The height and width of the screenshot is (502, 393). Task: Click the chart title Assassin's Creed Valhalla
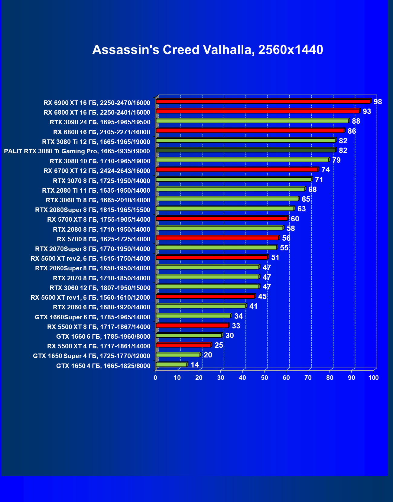pos(208,50)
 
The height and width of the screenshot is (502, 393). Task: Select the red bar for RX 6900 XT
pos(263,101)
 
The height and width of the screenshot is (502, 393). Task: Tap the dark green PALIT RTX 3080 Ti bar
pos(245,150)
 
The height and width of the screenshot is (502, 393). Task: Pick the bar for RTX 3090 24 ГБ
pos(252,121)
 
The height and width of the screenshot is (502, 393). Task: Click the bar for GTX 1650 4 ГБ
pos(171,365)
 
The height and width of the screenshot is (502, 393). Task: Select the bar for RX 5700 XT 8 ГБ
pos(222,218)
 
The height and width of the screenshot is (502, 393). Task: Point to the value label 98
pos(378,102)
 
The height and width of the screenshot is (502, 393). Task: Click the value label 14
pos(195,365)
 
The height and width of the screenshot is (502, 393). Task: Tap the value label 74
pos(325,170)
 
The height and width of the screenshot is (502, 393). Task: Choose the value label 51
pos(275,258)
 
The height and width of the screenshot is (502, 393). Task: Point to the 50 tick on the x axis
pos(265,378)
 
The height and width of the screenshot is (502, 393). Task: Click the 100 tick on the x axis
pos(373,378)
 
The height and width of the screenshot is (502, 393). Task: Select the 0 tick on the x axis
pos(155,378)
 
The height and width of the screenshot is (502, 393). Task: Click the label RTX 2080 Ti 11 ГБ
pos(96,191)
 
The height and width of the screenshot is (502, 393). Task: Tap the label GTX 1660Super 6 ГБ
pos(93,317)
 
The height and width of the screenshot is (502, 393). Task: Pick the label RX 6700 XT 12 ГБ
pos(97,171)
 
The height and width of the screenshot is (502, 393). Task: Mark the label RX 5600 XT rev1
pos(90,298)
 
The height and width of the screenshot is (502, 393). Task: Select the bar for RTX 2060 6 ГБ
pos(201,306)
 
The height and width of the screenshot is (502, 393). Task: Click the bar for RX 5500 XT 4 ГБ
pos(184,345)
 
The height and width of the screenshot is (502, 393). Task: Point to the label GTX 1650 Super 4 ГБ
pos(92,356)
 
